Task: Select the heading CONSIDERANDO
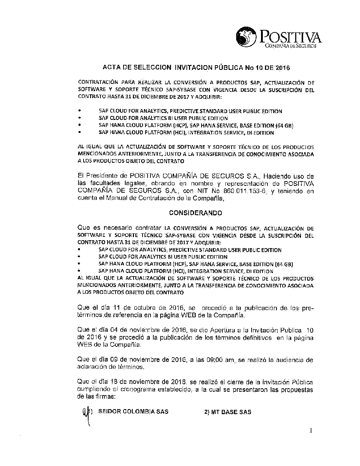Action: coord(195,213)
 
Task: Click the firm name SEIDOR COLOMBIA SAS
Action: coord(133,412)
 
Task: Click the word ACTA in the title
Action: coord(111,68)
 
